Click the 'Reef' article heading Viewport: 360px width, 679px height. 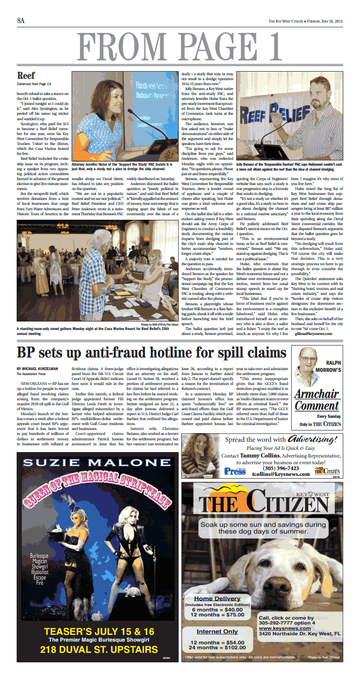pos(26,75)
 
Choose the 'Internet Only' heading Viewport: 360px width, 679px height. pos(217,632)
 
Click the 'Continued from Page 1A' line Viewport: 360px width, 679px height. pos(34,84)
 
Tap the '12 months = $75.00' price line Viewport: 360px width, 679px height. pos(217,614)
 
